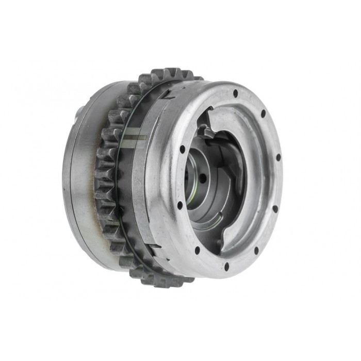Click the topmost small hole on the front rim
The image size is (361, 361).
(x=235, y=94)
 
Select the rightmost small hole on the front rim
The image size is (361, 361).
(x=278, y=157)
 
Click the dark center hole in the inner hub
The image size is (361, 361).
(x=203, y=178)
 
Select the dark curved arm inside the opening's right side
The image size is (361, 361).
(x=238, y=170)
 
